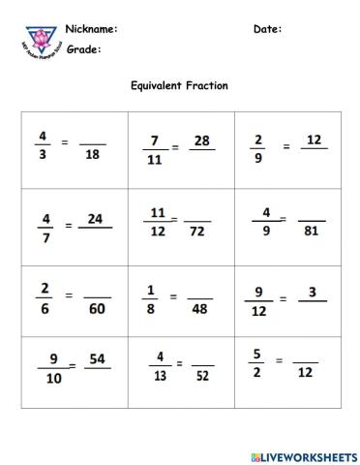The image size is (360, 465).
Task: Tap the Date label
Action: click(267, 29)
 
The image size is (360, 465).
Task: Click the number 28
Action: click(201, 141)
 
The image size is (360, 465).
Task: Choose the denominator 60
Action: click(97, 308)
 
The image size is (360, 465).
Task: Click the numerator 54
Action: click(97, 359)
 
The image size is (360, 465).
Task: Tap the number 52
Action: click(201, 377)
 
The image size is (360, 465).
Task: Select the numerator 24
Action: click(95, 219)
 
